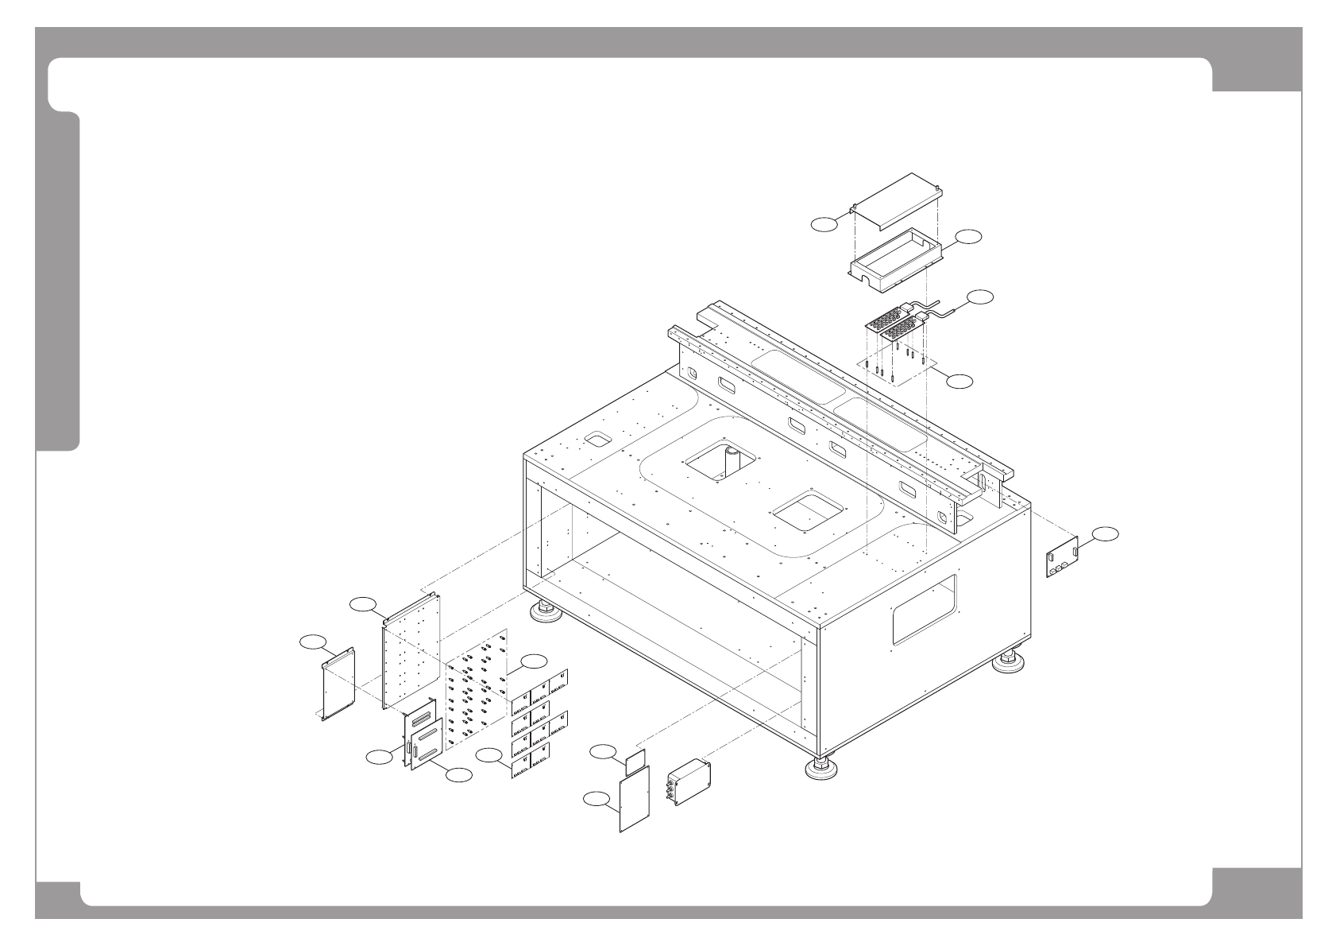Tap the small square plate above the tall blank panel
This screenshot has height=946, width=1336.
tap(634, 761)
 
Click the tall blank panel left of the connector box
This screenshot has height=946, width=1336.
tap(634, 800)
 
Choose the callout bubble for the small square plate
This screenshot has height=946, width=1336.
tap(604, 750)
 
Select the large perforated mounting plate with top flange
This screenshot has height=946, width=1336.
tap(411, 649)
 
